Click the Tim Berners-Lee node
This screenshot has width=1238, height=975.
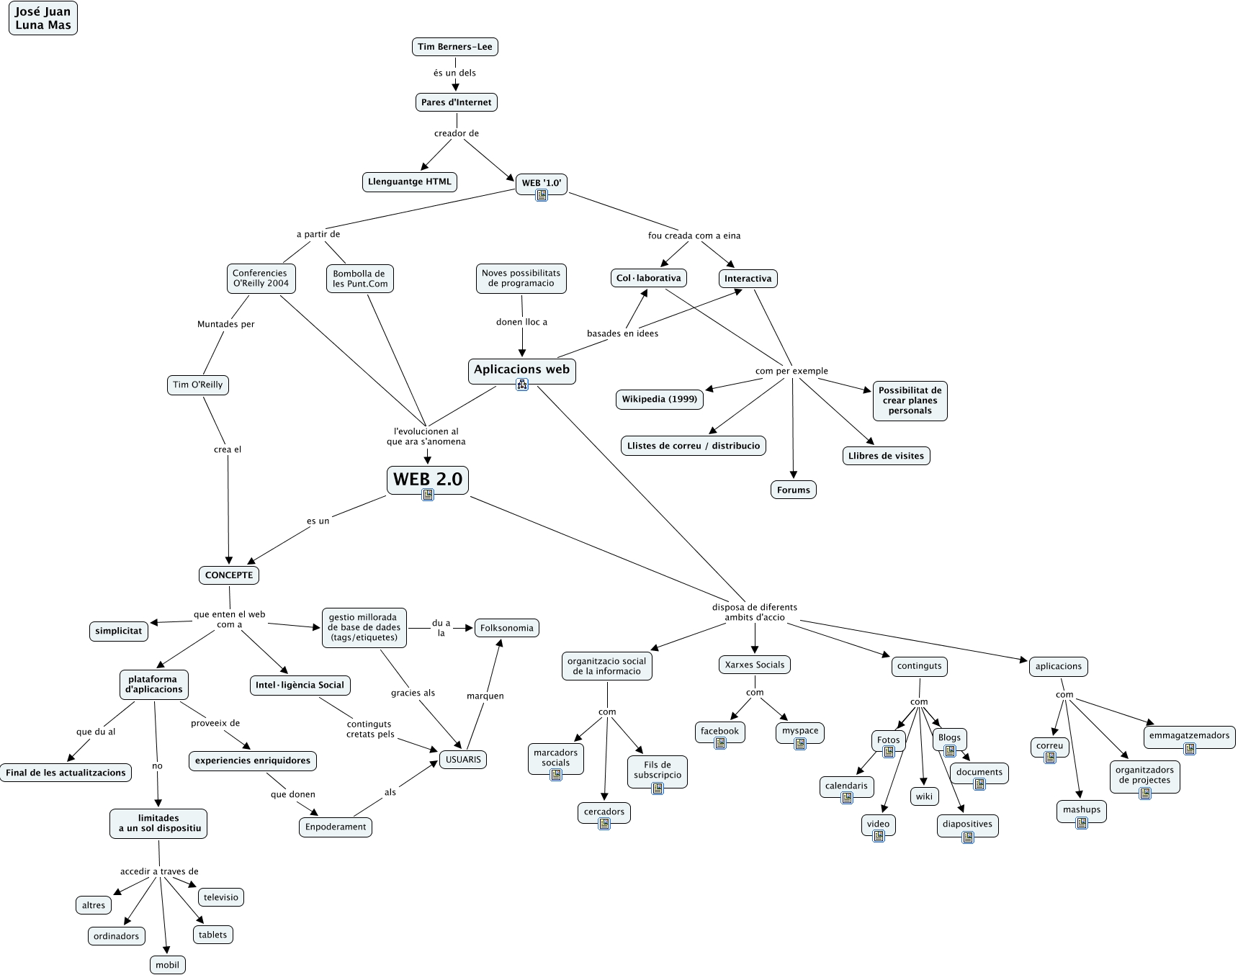click(x=455, y=47)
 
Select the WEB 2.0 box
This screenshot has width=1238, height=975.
click(x=427, y=479)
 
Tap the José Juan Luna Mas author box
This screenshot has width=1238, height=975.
click(x=42, y=18)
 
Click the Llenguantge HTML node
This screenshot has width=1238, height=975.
click(x=409, y=181)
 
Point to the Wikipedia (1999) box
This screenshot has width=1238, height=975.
click(x=660, y=399)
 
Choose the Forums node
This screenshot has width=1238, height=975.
click(x=793, y=490)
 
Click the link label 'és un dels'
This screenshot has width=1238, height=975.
click(x=454, y=73)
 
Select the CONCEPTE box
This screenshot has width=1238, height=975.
click(x=229, y=575)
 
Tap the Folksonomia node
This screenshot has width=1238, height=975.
click(x=506, y=628)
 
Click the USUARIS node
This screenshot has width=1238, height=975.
click(x=463, y=760)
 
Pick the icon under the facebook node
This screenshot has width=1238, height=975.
click(x=719, y=744)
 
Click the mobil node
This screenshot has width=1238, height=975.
click(x=167, y=965)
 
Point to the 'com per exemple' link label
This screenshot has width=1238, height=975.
click(x=791, y=371)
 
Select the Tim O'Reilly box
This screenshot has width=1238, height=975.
click(x=197, y=385)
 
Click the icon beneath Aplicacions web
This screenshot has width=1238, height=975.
click(x=522, y=385)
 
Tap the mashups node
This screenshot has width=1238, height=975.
click(x=1081, y=809)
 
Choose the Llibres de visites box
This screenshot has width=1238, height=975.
click(x=886, y=456)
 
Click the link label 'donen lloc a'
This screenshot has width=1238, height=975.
click(x=521, y=322)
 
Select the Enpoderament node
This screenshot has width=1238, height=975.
click(x=335, y=827)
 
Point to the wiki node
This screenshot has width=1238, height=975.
click(x=924, y=796)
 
